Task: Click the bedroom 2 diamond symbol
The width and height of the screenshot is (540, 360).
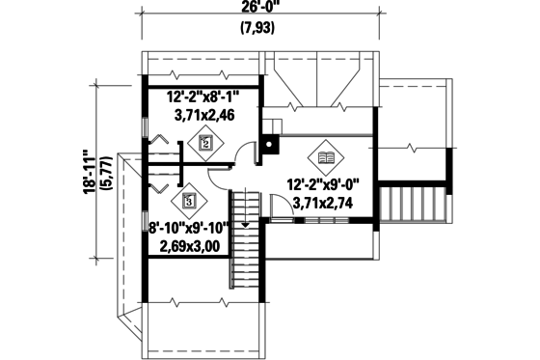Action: (x=203, y=143)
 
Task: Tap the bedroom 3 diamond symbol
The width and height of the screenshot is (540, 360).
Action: (x=189, y=202)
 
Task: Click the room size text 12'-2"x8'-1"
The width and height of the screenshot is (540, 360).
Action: (x=205, y=97)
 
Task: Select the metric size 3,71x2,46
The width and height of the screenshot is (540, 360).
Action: (x=205, y=114)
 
